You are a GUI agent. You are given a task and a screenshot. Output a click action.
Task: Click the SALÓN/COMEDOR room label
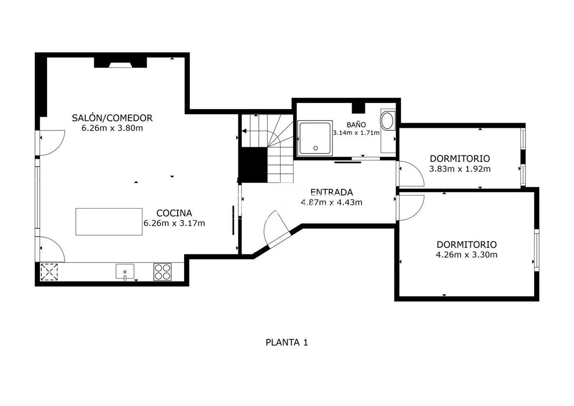tap(112, 118)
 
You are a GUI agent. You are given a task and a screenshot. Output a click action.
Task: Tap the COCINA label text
tap(174, 213)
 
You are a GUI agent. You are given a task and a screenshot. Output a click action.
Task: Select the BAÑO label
tap(356, 125)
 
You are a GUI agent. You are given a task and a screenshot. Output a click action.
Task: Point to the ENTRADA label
tap(331, 192)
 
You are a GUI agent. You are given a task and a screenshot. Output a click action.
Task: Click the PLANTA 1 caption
tap(287, 342)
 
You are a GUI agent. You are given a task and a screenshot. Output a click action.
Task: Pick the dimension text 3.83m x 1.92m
tap(460, 169)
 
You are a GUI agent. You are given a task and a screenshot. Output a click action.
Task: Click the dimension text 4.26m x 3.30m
tap(467, 255)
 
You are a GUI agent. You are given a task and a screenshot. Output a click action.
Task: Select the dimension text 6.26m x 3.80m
tap(112, 128)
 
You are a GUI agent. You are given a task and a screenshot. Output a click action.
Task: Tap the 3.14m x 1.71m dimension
tap(356, 133)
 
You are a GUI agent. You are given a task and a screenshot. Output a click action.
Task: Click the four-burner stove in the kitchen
tap(163, 272)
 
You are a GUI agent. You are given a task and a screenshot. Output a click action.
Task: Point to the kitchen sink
tap(125, 272)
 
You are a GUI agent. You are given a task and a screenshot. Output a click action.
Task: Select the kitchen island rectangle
tap(109, 222)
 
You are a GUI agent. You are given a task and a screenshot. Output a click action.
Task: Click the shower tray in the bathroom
tap(315, 138)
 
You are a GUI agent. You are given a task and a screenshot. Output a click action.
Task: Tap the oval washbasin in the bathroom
tap(388, 121)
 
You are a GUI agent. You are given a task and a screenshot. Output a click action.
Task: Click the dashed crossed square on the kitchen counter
tap(49, 272)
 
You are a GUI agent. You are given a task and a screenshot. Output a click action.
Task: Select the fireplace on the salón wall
tap(120, 62)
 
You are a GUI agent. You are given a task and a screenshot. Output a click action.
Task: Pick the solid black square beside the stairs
tap(253, 165)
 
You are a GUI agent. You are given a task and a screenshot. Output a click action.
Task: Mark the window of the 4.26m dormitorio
tap(537, 250)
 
